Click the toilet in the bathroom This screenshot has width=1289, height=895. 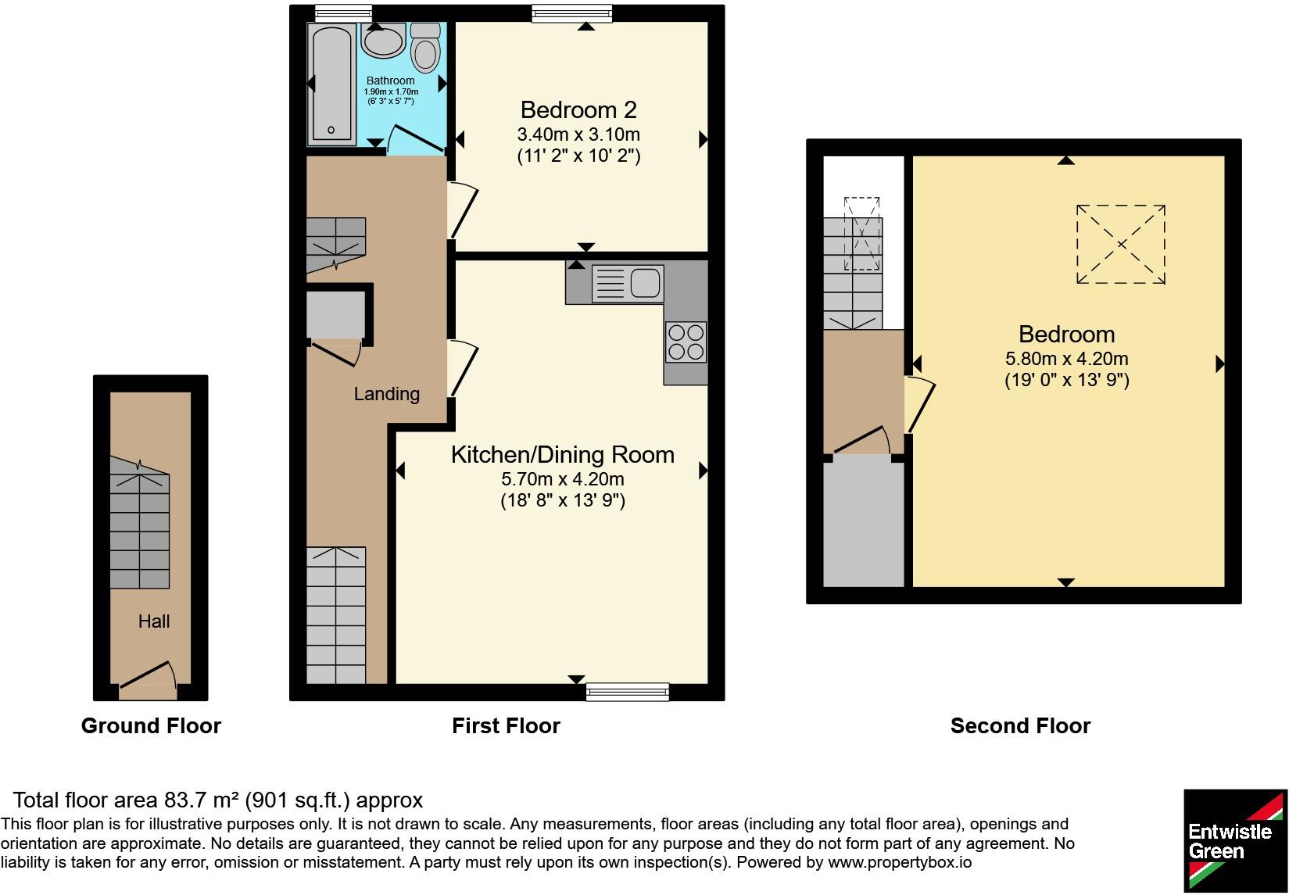425,48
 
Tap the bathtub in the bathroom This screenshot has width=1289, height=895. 334,84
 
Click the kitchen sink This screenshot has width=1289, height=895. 628,283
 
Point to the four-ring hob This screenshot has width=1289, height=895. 686,342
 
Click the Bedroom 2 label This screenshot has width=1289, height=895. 578,109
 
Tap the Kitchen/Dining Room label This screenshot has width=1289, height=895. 562,455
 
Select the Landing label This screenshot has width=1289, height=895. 386,394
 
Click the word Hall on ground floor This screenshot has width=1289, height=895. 154,621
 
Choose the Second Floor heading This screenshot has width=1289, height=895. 1019,726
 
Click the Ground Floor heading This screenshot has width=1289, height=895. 151,726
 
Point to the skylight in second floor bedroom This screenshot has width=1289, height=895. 1120,245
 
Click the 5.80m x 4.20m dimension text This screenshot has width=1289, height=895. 1066,360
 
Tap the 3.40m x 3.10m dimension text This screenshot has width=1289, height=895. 578,134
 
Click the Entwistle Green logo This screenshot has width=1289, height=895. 1234,840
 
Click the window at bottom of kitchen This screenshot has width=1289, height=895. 628,692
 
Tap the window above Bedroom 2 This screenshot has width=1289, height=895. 571,13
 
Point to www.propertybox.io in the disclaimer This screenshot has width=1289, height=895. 899,863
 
